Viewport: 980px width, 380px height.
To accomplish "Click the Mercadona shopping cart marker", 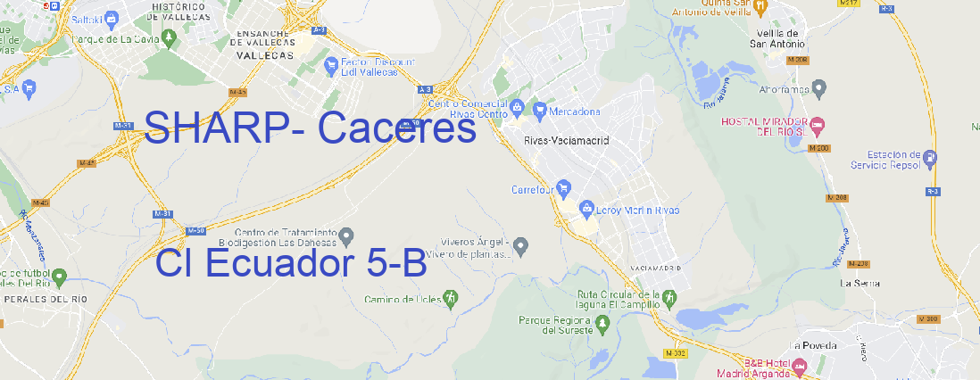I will coord(540,110).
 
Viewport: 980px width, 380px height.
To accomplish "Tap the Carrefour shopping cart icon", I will coord(565,188).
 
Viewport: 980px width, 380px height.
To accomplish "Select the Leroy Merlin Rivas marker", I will coord(586,209).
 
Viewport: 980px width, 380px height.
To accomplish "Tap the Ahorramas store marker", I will coord(820,87).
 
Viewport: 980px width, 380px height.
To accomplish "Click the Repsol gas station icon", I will coord(931,159).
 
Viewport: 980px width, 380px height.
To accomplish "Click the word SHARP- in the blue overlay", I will coord(223,129).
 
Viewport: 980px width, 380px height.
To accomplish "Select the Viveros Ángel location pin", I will coord(523,244).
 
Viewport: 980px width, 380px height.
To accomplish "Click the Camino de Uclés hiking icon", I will coord(451,298).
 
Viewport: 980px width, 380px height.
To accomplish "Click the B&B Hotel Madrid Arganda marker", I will coord(800,366).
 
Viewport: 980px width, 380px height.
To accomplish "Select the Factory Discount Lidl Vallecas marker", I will coord(331,63).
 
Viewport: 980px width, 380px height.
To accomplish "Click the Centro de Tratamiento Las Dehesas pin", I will coord(347,235).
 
